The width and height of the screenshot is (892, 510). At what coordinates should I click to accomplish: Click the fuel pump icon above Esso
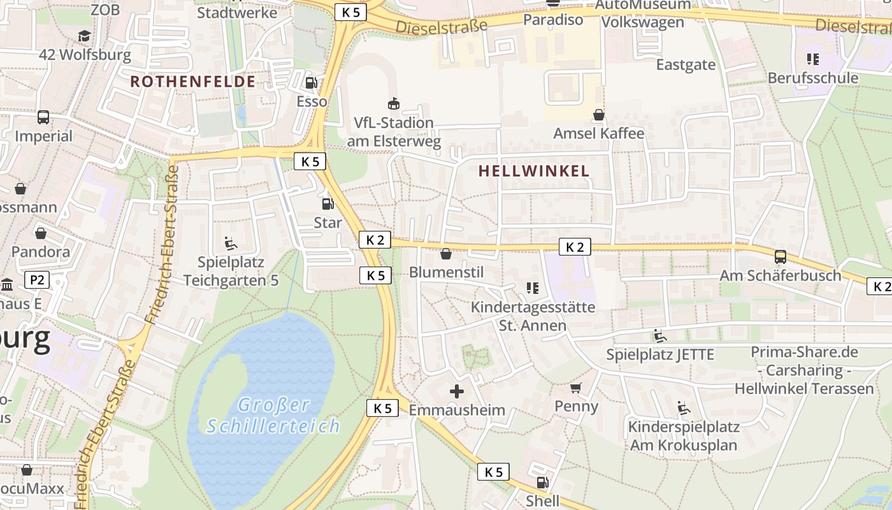coord(311,82)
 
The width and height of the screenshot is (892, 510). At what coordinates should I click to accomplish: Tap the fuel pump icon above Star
coord(327,204)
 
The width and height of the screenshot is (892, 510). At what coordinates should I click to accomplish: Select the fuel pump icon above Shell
coord(542,483)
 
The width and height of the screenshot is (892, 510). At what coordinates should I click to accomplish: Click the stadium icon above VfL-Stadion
coord(394,103)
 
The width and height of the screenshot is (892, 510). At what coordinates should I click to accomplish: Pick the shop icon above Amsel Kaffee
coord(599,115)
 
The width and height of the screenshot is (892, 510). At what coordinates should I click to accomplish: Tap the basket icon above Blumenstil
coord(446,254)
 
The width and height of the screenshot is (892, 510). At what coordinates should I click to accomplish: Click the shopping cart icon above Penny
coord(576,388)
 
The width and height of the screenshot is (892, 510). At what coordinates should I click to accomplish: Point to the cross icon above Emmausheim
coord(457,391)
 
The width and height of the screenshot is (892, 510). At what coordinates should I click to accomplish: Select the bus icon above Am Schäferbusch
coord(780,257)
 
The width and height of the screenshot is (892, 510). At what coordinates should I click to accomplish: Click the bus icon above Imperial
coord(43,117)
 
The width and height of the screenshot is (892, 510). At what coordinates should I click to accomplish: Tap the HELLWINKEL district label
coord(534,171)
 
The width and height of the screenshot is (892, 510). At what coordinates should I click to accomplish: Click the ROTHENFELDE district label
coord(192,82)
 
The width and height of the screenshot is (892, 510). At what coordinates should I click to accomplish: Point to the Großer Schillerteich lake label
coord(273,415)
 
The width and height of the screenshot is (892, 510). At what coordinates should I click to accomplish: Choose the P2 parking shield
coord(37,279)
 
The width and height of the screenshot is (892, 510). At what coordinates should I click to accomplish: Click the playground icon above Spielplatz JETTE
coord(660,335)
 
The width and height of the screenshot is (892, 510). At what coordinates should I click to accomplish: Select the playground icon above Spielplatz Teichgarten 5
coord(231,243)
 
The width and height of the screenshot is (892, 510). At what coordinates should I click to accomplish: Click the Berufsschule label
coord(813,78)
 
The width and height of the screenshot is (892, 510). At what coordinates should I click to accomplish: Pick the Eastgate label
coord(686,64)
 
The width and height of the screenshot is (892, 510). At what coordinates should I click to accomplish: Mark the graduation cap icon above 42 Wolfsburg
coord(85,36)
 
